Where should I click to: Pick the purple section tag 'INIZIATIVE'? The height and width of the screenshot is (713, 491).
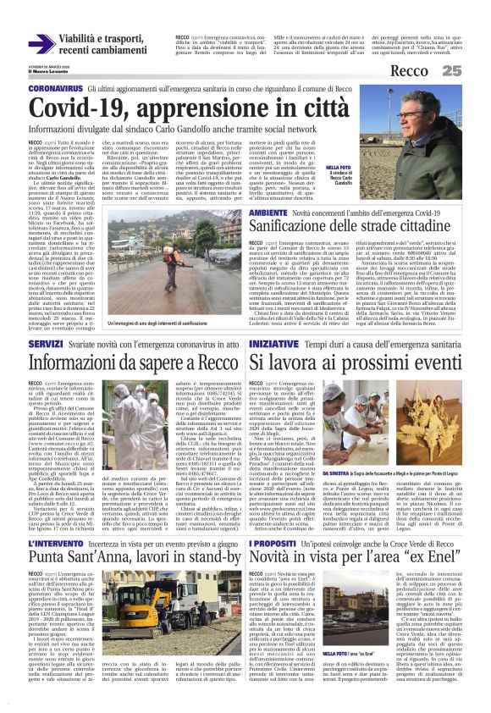click(x=276, y=344)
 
